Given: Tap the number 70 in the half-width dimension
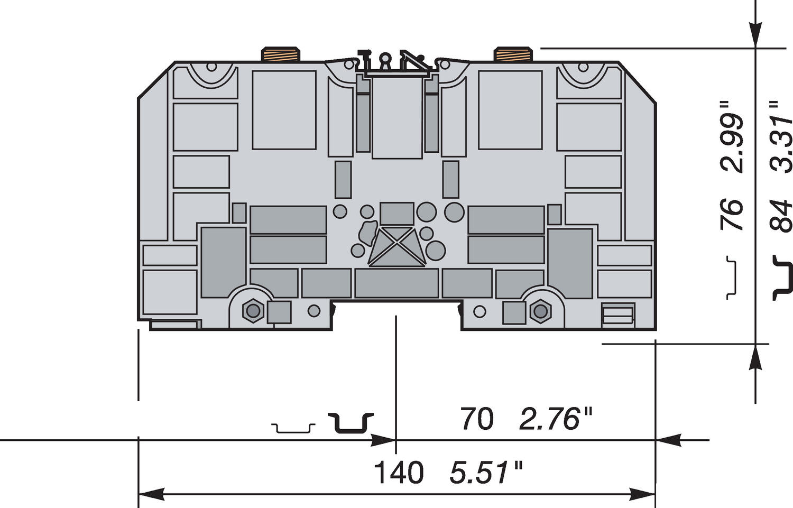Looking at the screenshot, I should [476, 419].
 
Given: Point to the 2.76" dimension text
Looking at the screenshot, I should [555, 419].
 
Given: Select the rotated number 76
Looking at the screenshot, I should [733, 214].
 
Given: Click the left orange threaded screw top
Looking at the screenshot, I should [281, 54].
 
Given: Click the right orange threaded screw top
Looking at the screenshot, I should [513, 54].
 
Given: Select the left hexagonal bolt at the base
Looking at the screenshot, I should [253, 310].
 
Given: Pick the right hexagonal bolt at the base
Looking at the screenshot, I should [540, 311].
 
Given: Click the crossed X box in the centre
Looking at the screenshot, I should [396, 246].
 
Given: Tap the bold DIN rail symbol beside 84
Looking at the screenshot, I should [783, 278].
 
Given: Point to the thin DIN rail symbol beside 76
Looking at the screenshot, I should [732, 278].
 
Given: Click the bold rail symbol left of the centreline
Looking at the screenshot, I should [351, 423].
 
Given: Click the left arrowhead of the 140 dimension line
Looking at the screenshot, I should [151, 495].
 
